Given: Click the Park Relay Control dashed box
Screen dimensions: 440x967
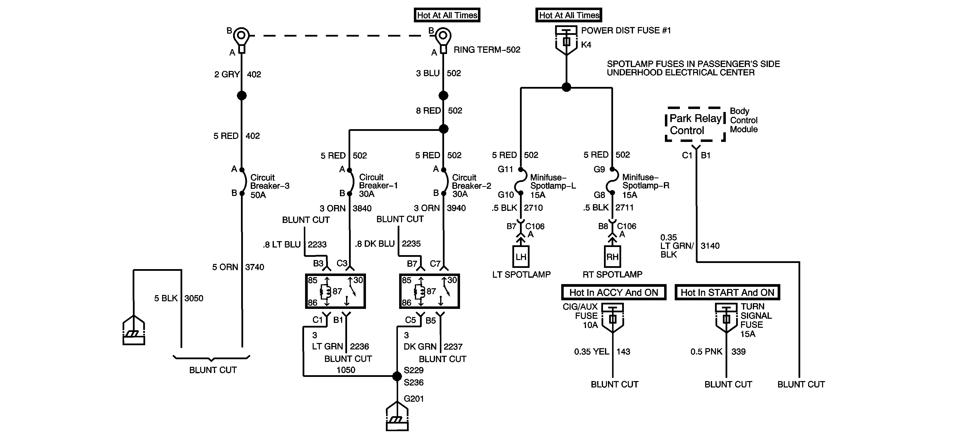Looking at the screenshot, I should (x=695, y=124).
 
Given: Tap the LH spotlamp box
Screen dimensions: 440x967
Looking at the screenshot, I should (x=521, y=257).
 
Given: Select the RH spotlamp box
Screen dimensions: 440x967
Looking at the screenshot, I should (x=612, y=257).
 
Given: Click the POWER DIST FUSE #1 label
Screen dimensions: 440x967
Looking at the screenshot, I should (x=626, y=31).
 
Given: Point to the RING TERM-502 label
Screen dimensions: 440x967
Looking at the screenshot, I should (x=487, y=50).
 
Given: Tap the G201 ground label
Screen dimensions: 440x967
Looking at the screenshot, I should (x=414, y=399).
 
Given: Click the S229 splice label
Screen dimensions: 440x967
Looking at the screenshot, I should (x=414, y=370).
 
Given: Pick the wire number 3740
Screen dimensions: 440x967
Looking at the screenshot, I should (x=254, y=267).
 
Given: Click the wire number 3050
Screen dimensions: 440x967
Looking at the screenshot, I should (x=194, y=299).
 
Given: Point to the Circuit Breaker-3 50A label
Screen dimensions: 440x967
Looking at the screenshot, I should (x=269, y=186).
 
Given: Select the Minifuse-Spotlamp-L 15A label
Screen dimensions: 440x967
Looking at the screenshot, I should (x=553, y=186).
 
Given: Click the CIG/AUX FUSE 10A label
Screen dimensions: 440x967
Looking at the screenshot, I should (x=580, y=316).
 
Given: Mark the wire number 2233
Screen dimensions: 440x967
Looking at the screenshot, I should (x=317, y=245).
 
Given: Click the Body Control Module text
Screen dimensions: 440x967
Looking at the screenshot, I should (x=744, y=120).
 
